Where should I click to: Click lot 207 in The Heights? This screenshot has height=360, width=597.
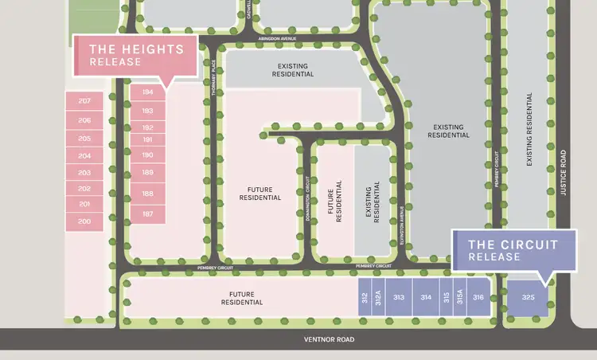click(85, 101)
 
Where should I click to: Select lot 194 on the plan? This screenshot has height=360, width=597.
click(147, 92)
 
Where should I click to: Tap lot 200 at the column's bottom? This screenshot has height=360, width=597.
click(85, 221)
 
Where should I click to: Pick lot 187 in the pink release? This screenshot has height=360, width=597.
click(147, 213)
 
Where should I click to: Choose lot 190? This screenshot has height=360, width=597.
click(147, 155)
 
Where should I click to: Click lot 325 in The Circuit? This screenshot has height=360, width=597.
click(529, 297)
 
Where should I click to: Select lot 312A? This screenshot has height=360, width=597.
click(379, 297)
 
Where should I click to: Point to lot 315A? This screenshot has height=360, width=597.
click(459, 297)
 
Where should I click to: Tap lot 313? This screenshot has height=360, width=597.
click(399, 297)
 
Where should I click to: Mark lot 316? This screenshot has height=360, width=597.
click(478, 297)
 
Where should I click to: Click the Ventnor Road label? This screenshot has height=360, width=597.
click(327, 339)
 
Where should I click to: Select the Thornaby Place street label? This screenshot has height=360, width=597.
click(214, 80)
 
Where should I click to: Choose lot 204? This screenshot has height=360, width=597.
click(85, 155)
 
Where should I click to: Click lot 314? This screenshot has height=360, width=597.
click(427, 297)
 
